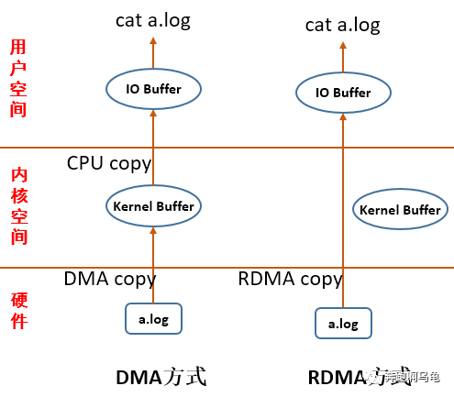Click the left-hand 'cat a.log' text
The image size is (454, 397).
153,20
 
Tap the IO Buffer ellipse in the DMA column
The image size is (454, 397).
154,90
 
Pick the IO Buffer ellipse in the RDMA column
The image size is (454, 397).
344,93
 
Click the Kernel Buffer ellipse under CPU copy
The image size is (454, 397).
153,206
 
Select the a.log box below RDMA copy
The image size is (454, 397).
343,323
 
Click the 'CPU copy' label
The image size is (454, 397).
109,163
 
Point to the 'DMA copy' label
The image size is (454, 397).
109,279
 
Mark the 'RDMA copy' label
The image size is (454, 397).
290,279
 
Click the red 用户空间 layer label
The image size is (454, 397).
17,78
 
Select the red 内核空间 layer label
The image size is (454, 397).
17,205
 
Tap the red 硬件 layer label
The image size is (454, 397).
17,310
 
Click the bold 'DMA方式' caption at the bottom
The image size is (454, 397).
161,377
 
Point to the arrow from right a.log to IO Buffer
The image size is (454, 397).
343,211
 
